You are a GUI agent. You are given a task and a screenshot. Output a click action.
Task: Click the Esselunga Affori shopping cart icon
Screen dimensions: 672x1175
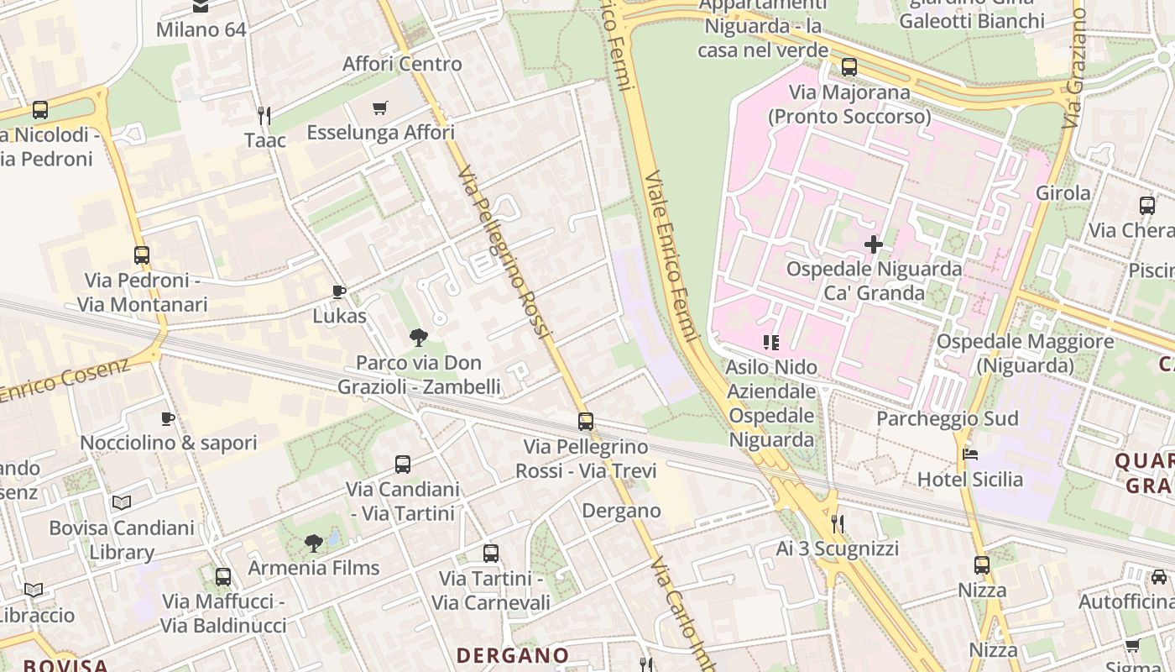click(x=379, y=108)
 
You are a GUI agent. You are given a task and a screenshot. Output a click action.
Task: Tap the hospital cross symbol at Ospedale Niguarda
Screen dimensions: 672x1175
click(x=874, y=244)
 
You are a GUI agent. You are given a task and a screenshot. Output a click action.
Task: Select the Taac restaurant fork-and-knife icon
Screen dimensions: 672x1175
click(x=264, y=114)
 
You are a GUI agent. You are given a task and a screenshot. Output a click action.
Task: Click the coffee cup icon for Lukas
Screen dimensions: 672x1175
click(x=339, y=291)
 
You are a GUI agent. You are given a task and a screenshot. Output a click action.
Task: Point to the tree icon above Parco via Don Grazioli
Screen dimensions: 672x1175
click(x=418, y=338)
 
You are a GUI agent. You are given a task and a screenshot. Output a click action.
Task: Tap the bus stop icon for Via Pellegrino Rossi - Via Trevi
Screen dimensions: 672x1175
click(x=586, y=422)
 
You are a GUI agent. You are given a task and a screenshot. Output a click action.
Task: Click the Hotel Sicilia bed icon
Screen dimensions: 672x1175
click(x=970, y=454)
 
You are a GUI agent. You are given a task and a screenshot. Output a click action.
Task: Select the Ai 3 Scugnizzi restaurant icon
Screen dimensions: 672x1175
click(x=837, y=524)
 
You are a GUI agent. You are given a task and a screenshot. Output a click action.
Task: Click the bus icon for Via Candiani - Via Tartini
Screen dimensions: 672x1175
click(x=403, y=464)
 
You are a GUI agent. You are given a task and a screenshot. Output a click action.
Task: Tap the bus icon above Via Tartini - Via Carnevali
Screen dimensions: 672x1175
click(x=491, y=554)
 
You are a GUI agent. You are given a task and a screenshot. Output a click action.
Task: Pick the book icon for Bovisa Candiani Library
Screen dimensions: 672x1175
click(x=122, y=502)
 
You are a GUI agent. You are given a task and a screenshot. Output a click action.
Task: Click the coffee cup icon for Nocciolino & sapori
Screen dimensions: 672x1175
click(x=168, y=418)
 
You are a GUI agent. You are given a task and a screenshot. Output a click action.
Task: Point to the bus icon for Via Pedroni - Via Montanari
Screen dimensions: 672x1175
click(x=142, y=255)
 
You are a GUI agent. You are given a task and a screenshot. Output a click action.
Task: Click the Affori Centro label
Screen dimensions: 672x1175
click(x=402, y=64)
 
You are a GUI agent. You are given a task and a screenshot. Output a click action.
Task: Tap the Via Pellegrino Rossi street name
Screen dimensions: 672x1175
click(x=504, y=252)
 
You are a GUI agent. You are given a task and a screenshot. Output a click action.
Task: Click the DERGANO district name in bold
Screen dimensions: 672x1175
click(x=513, y=655)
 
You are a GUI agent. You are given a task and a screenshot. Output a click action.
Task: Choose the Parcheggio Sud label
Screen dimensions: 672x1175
click(x=948, y=418)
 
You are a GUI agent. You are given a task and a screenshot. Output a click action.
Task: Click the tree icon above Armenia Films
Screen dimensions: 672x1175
click(x=314, y=543)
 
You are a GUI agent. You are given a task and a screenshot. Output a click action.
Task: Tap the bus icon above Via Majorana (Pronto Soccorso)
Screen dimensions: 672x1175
click(x=849, y=67)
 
